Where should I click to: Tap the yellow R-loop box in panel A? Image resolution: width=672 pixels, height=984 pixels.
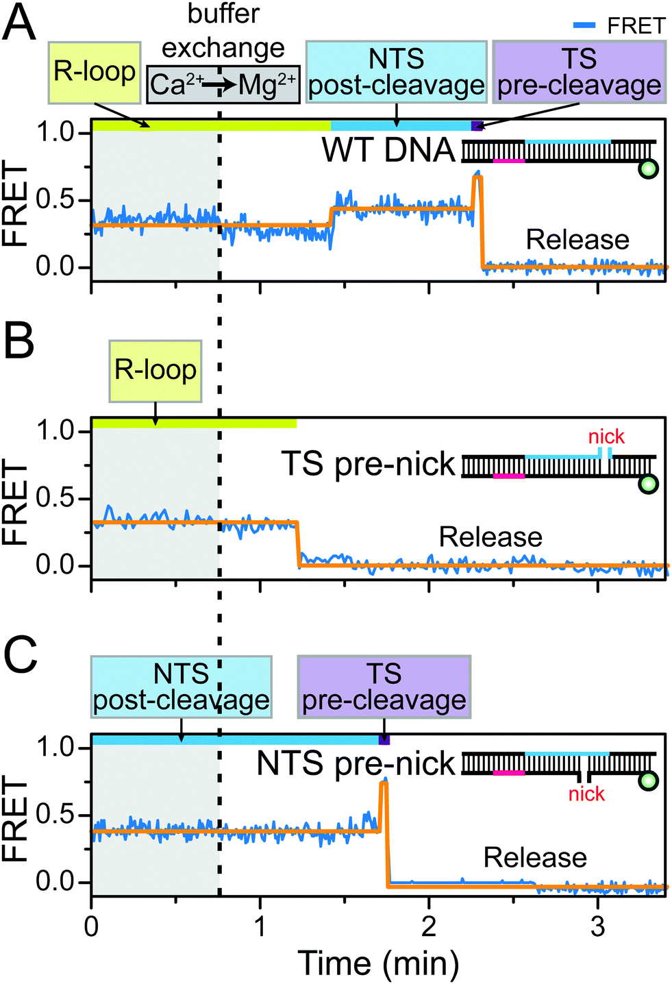tap(95, 72)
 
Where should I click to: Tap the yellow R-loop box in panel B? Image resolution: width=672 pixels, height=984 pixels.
tap(155, 370)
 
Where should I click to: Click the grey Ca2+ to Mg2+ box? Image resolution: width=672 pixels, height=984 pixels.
tap(223, 85)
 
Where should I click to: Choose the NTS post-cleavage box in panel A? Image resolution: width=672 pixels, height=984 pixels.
tap(397, 72)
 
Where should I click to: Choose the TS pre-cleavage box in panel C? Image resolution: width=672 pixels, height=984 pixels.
tap(384, 687)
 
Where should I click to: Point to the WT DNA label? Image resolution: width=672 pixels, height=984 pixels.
tap(388, 150)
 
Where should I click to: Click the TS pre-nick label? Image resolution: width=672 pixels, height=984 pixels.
tap(368, 464)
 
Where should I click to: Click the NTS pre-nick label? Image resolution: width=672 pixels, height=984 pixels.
tap(356, 763)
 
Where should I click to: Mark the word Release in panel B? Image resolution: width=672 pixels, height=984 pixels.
tap(490, 537)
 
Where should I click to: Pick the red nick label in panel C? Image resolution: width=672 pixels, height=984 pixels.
tap(586, 794)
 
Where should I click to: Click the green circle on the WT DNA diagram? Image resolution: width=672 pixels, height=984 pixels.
tap(647, 169)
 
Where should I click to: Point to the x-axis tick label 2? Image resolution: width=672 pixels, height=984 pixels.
tap(429, 926)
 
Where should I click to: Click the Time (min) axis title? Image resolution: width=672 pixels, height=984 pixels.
tap(378, 963)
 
